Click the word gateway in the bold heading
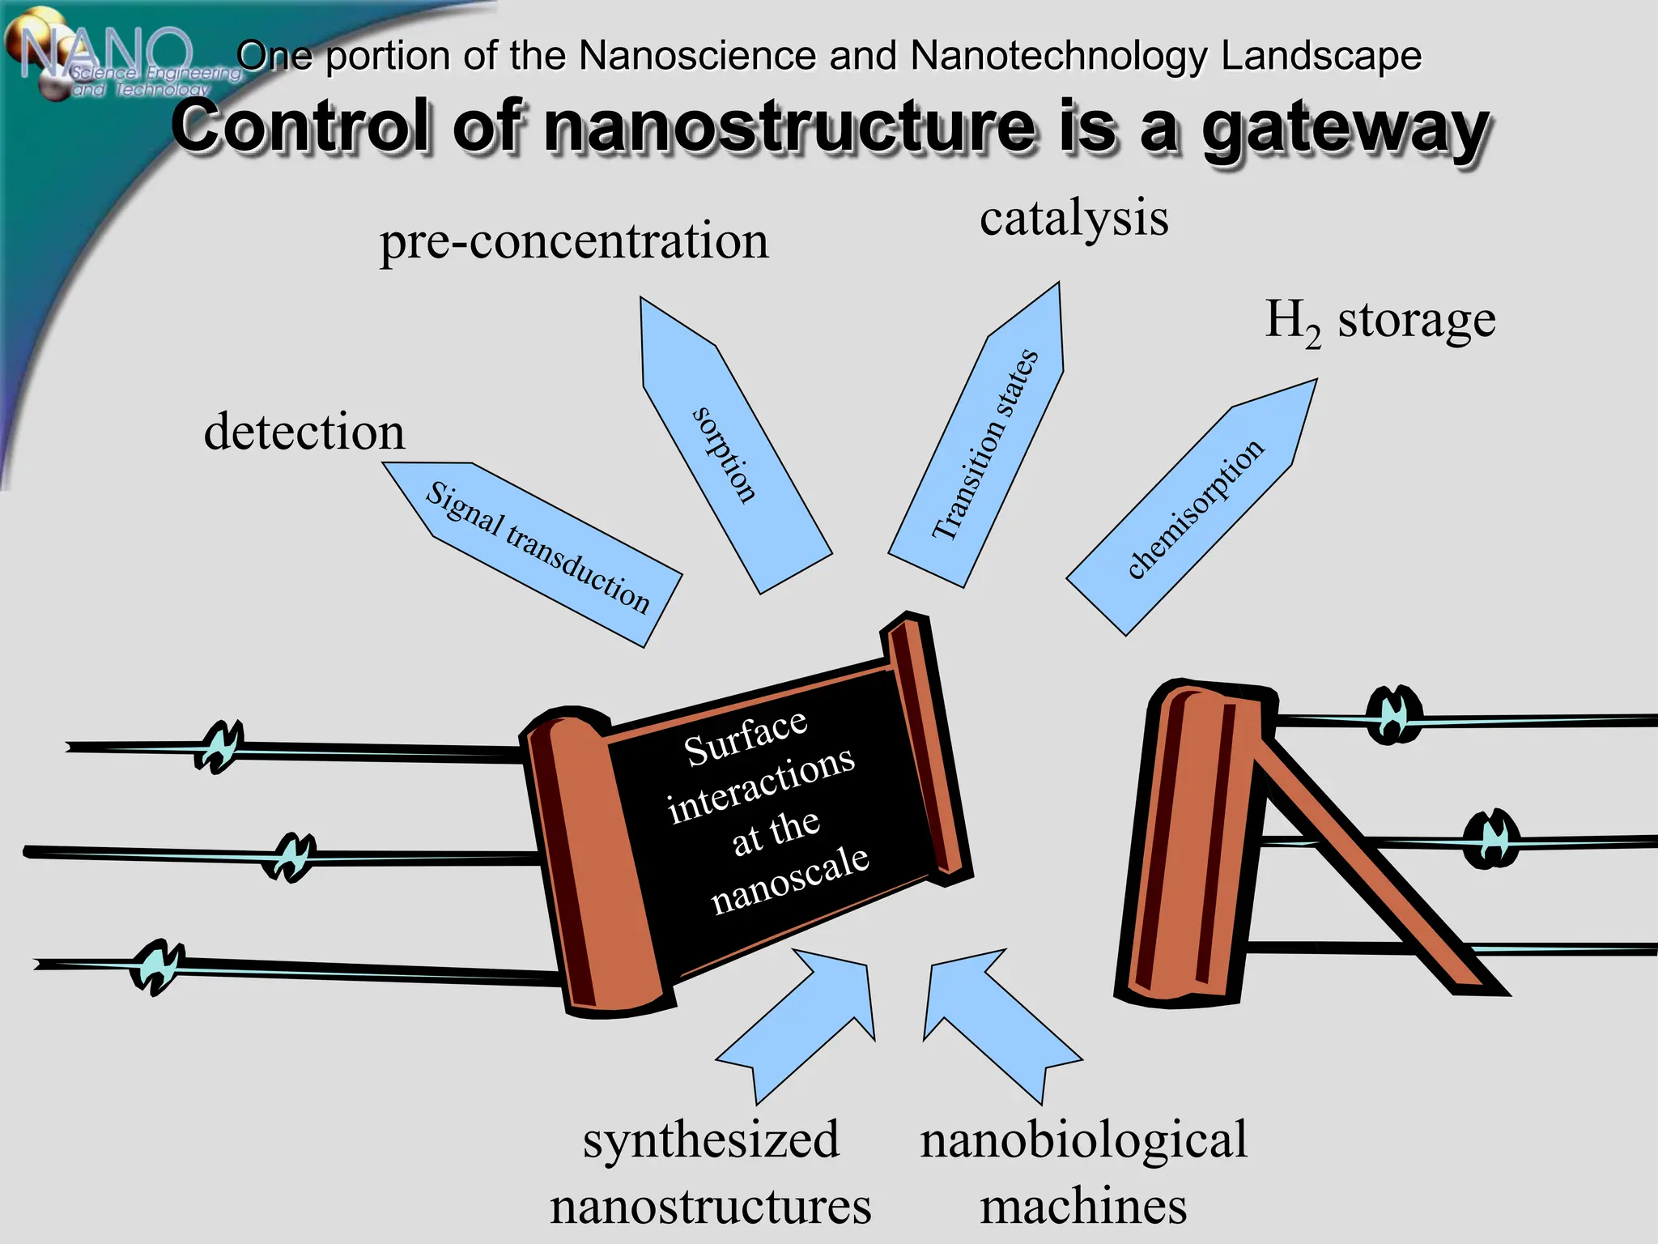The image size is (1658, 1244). (x=1344, y=130)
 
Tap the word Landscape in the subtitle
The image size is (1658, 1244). (x=1320, y=57)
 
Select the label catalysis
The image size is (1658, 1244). (x=1073, y=219)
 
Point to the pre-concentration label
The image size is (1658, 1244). (x=574, y=241)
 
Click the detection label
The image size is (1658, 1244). (x=304, y=432)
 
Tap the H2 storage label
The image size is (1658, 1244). (x=1380, y=321)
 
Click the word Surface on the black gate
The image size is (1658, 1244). (x=746, y=738)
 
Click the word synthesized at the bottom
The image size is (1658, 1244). (x=711, y=1140)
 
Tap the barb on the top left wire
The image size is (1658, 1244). (x=219, y=746)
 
